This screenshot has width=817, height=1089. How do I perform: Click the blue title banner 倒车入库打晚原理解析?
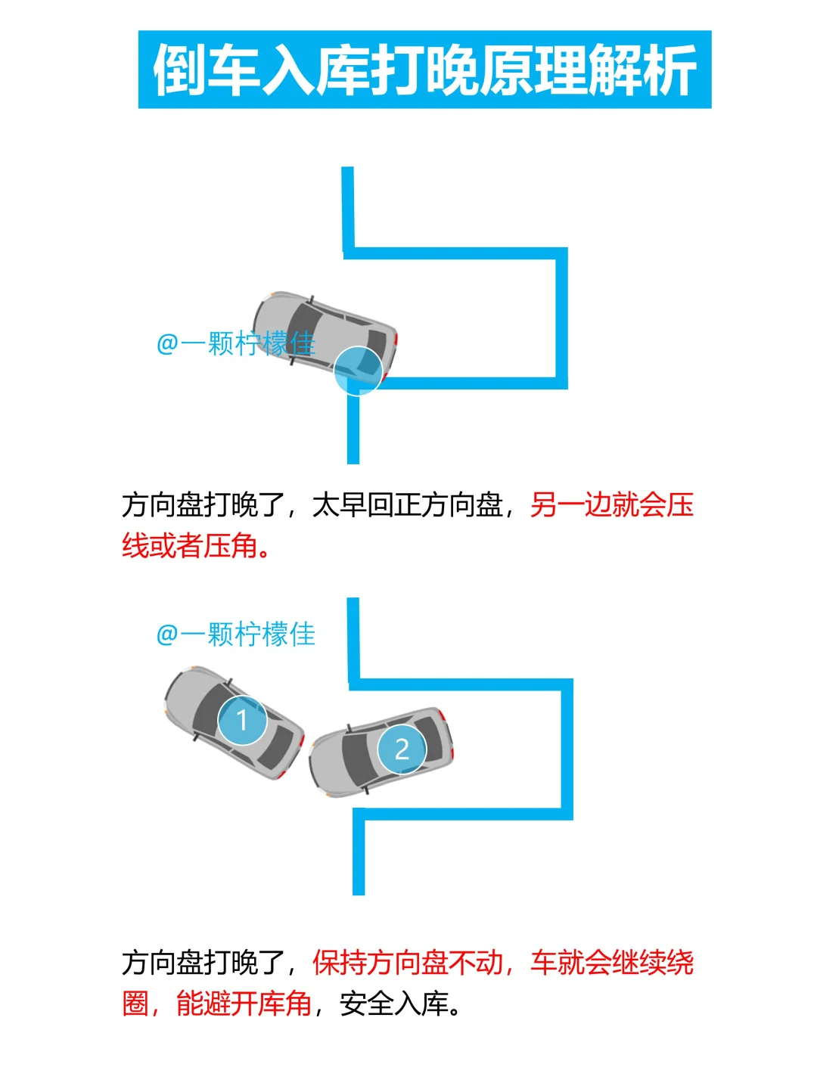click(424, 70)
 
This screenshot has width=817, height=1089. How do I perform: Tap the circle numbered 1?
click(242, 720)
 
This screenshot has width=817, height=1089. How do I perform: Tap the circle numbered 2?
click(402, 749)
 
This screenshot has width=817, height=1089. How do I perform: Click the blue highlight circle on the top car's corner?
click(358, 371)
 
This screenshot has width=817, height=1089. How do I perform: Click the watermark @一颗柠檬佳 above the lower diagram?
click(235, 634)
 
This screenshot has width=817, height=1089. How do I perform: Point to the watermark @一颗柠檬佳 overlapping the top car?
click(235, 344)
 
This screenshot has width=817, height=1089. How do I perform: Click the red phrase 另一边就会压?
click(611, 504)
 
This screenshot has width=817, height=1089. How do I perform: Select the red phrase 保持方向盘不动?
click(408, 963)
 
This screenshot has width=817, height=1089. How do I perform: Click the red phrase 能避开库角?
click(244, 1004)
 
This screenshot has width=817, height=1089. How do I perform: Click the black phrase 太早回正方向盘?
click(408, 504)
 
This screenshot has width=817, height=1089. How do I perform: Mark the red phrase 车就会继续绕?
click(611, 963)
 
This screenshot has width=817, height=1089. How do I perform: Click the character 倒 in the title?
click(180, 70)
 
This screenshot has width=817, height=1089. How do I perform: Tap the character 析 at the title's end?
click(669, 70)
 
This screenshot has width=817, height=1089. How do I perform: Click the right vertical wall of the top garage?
click(562, 318)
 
